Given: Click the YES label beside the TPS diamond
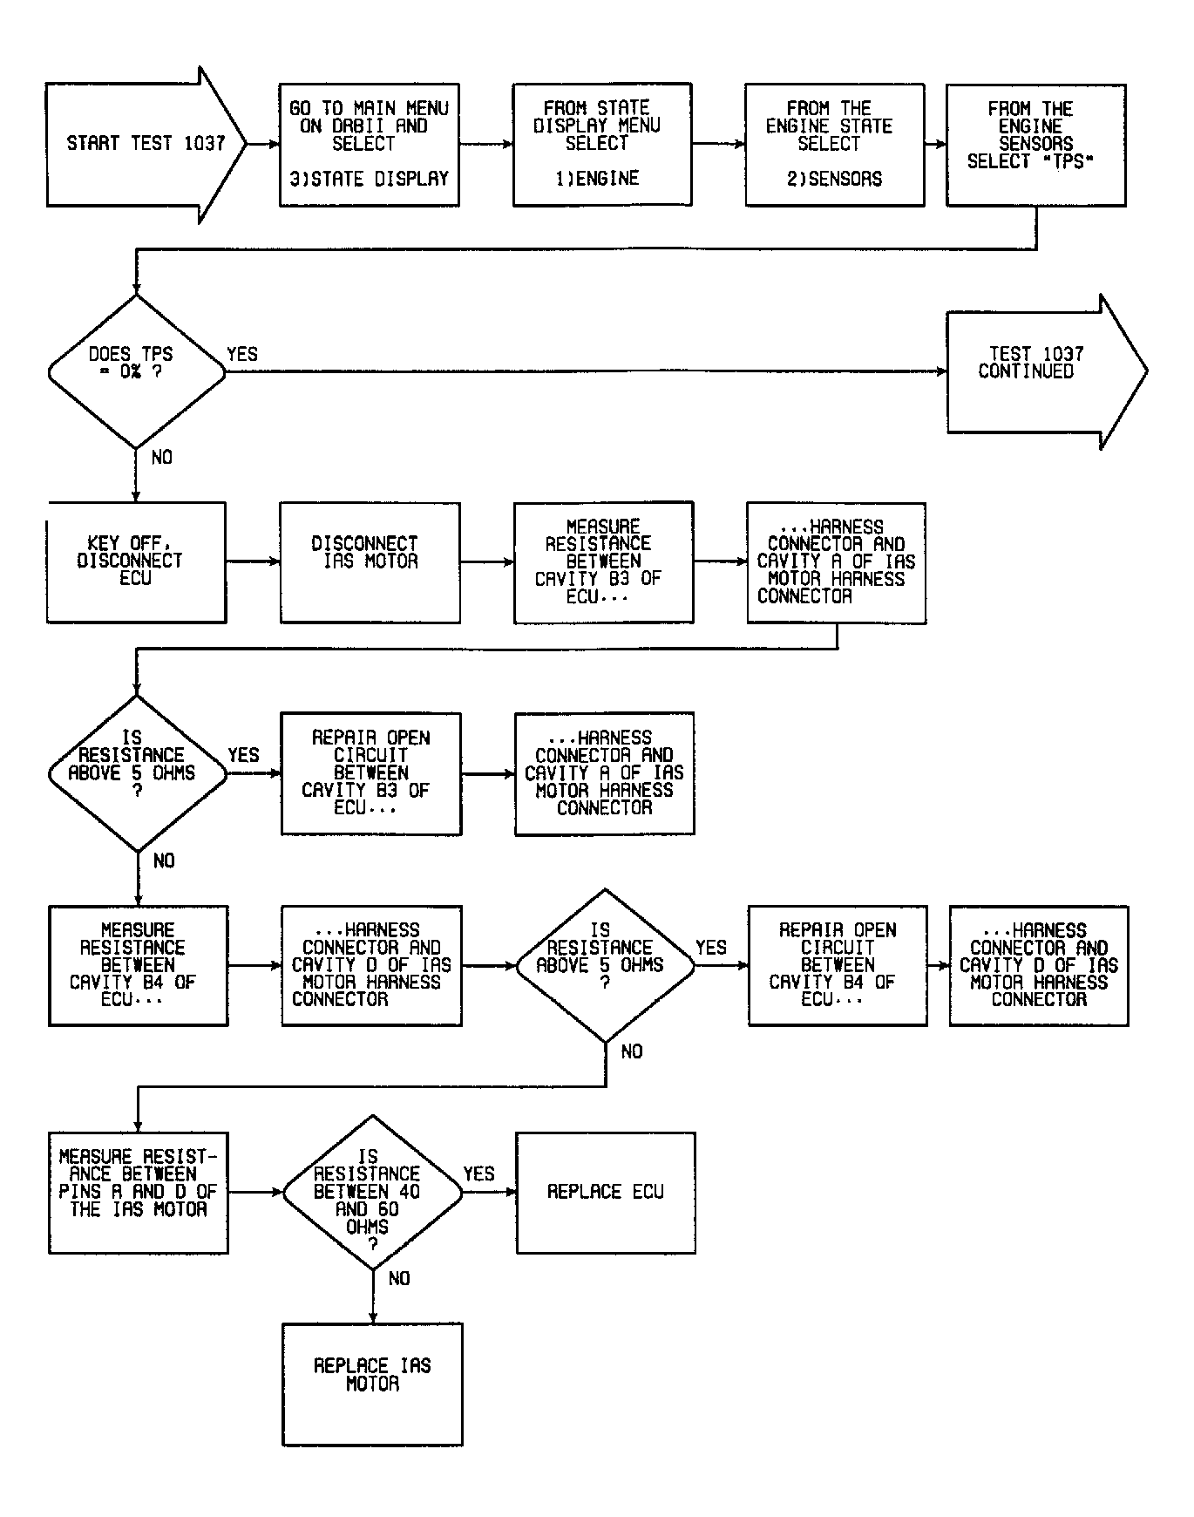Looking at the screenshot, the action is pyautogui.click(x=242, y=354).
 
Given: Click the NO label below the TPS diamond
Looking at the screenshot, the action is pyautogui.click(x=162, y=458).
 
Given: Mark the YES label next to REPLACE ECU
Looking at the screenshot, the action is pyautogui.click(x=478, y=1173).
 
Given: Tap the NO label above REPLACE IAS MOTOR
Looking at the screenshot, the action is pyautogui.click(x=399, y=1278).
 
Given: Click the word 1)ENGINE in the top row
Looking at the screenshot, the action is pyautogui.click(x=597, y=179).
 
